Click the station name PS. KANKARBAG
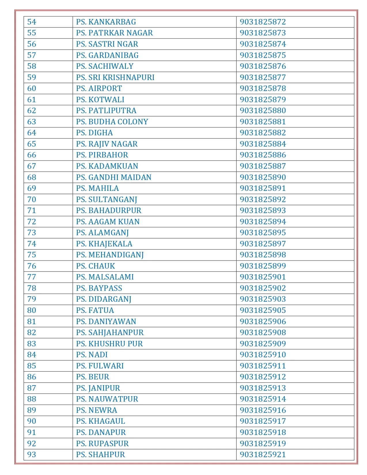(106, 22)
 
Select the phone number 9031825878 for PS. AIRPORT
(263, 88)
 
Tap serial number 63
(32, 122)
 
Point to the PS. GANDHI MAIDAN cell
(114, 177)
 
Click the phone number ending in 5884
(263, 144)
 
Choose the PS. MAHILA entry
(97, 188)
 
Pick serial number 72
(32, 222)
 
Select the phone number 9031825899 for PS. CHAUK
(263, 266)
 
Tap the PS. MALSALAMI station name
(105, 277)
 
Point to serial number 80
(32, 310)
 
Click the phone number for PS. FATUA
(263, 310)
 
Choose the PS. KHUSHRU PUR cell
(109, 344)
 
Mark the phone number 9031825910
(263, 355)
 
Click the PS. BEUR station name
(93, 377)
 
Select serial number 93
(32, 455)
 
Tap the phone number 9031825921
(263, 455)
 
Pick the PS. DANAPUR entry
(101, 432)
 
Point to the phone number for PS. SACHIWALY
(263, 66)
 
